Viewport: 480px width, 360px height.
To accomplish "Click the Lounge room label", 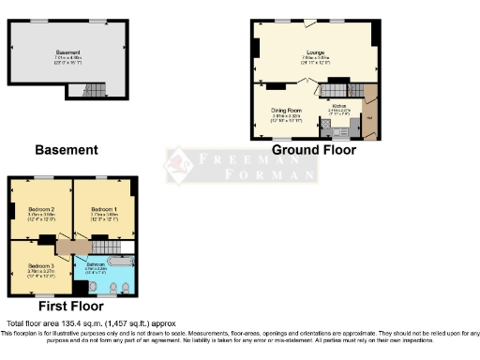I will [314, 52].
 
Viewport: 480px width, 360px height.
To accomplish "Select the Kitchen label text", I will [339, 106].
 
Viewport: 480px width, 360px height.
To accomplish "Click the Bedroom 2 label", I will [40, 208].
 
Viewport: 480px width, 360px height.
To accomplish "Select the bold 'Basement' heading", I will [66, 149].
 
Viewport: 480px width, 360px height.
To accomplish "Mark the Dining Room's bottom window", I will [278, 140].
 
